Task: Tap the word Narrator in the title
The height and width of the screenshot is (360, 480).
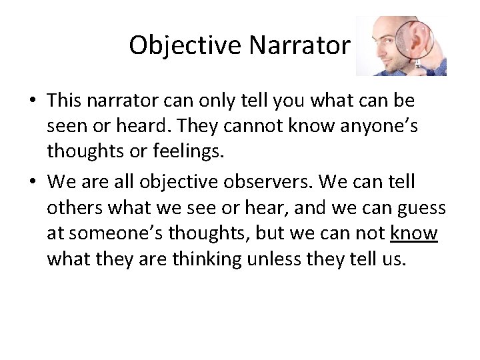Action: (x=299, y=45)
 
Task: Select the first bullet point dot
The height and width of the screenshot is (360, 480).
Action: (x=33, y=101)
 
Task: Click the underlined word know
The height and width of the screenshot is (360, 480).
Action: (x=414, y=233)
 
